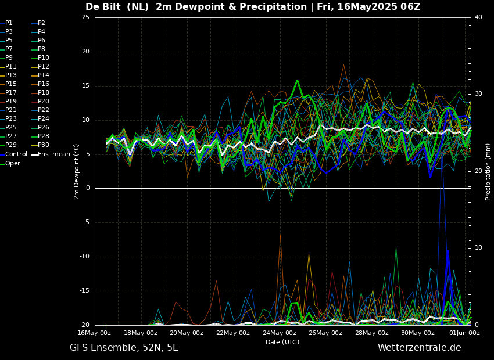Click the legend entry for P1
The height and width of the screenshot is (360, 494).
point(9,23)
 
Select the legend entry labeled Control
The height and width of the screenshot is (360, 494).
point(16,154)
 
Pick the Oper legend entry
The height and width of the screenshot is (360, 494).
point(13,164)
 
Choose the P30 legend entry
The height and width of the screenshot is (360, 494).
point(43,145)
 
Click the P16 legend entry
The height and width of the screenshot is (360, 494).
point(43,84)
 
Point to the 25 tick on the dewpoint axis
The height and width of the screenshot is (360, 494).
point(85,17)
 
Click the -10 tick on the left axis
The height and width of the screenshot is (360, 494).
point(84,257)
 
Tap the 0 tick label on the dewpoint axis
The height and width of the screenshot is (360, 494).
point(87,188)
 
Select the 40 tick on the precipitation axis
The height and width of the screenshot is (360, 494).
point(478,17)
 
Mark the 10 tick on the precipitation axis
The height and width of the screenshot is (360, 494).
point(478,248)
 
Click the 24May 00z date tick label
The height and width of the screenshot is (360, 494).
point(279,333)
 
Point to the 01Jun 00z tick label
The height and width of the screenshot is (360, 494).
point(464,333)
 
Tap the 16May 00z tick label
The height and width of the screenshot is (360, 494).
point(94,333)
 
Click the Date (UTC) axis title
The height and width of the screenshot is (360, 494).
point(282,343)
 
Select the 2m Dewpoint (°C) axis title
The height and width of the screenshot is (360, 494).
point(77,171)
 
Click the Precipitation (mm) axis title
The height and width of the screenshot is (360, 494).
point(488,172)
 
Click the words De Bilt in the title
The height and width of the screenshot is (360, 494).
point(102,7)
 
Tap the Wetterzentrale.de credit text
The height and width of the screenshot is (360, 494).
point(419,348)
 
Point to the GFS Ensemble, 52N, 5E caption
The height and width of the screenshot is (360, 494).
point(124,348)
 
